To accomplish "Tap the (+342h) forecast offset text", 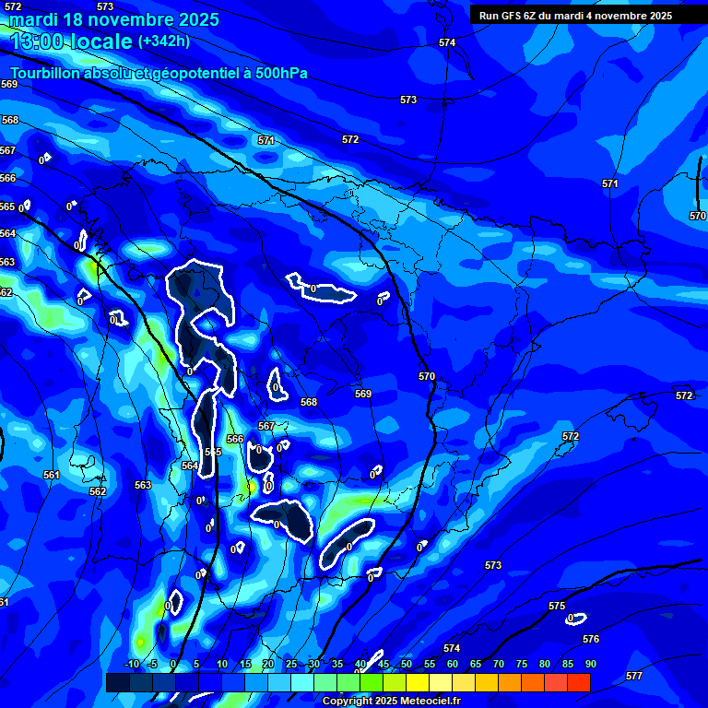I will coord(164,41).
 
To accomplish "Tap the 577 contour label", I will coord(634,676).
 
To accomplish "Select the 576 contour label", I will coord(591,639).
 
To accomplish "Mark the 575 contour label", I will coord(557,606).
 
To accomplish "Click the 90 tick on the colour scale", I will coord(590,664).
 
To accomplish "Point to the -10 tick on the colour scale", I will coord(130,664).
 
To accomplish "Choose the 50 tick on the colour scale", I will coord(407,664).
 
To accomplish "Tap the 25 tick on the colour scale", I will coord(291,664).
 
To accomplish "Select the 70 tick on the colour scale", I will coord(499,664).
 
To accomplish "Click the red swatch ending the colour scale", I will coord(578,682).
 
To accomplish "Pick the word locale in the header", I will coord(103,41).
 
